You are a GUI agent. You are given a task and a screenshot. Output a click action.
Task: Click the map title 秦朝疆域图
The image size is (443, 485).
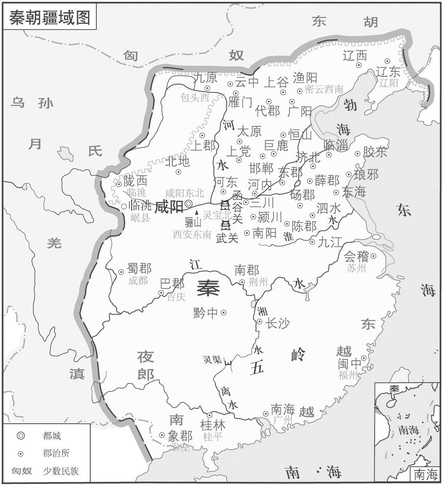pos(50,17)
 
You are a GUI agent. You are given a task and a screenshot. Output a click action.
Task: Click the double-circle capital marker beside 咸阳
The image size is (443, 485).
pos(188,204)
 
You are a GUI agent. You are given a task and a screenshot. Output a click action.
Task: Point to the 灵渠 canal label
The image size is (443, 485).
pos(212,360)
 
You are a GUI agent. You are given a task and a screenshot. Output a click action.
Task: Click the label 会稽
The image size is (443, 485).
pos(356,257)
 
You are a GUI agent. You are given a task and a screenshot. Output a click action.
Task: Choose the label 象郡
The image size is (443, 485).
pos(180,436)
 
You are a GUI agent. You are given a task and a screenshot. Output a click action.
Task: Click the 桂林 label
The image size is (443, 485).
pos(213,425)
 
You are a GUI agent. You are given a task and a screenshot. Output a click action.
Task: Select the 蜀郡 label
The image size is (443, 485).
pos(139,269)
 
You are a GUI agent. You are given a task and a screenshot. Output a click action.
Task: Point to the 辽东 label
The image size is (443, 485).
pos(388,71)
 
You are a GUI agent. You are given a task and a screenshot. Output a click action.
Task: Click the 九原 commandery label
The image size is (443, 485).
pos(206,78)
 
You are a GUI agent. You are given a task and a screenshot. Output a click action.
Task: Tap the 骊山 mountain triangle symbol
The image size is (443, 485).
pos(197,212)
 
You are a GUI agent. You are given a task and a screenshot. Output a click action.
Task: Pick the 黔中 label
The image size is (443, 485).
pos(206,313)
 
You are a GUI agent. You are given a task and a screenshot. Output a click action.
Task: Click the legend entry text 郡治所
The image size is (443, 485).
pos(56,453)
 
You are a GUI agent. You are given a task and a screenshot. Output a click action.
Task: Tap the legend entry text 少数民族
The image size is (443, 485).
pos(61,471)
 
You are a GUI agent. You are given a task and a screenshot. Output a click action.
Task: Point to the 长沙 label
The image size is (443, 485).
pos(278,323)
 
